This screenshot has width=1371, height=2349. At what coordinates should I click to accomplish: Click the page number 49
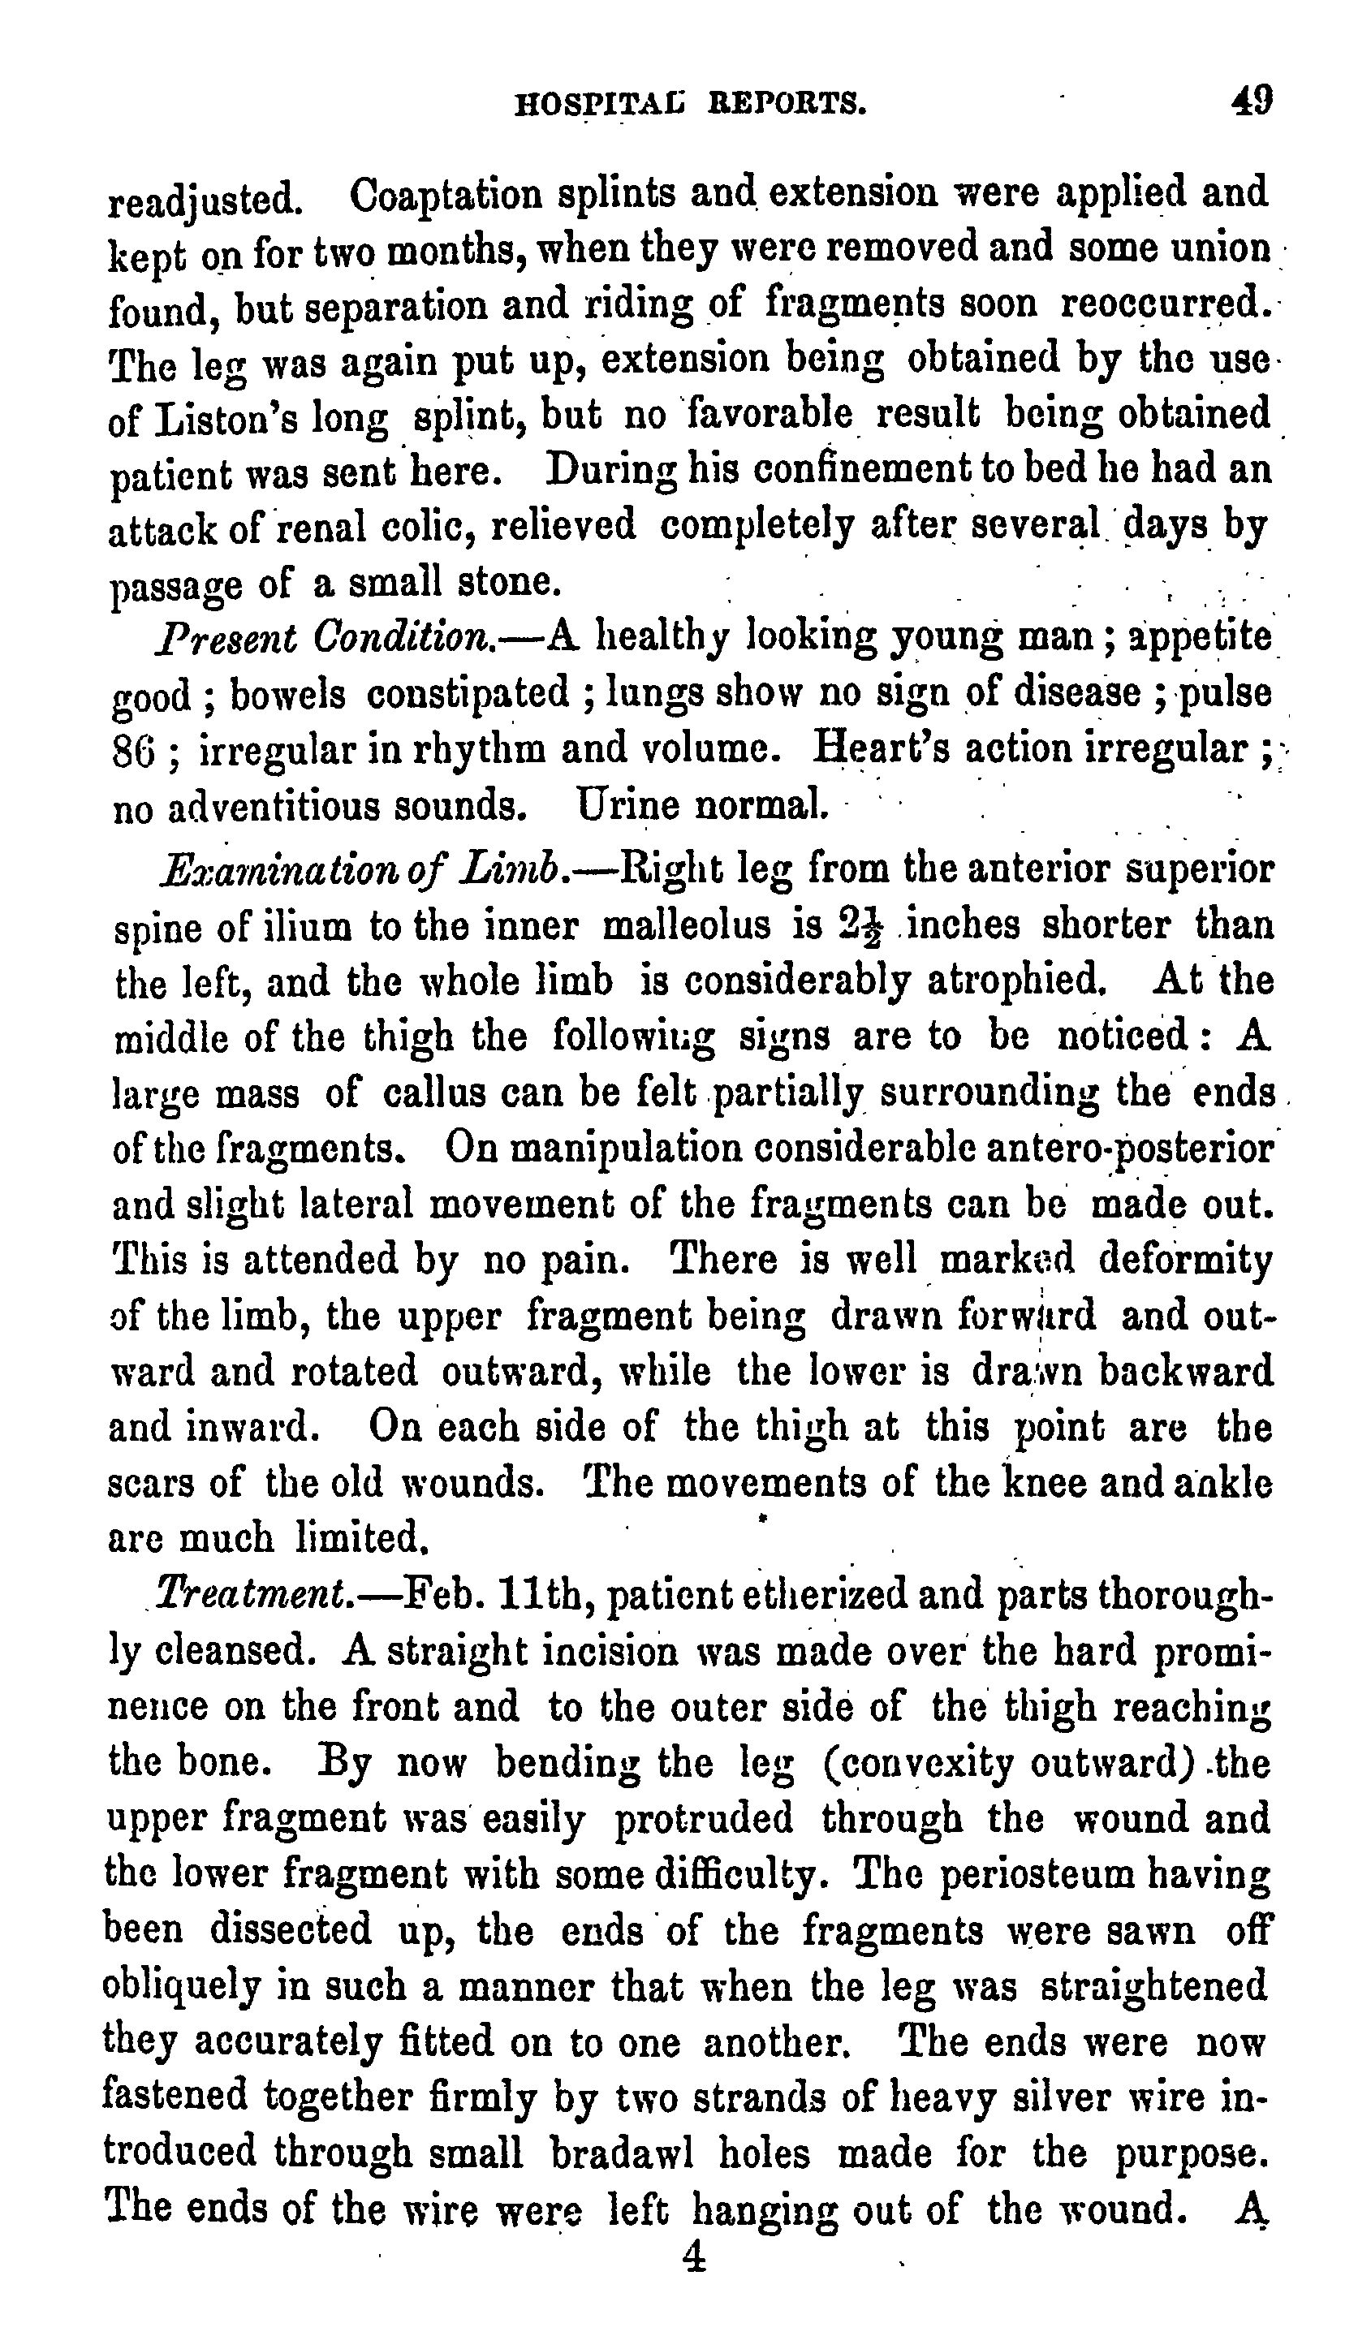pos(1251,99)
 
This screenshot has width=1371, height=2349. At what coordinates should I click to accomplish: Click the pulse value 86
pos(133,749)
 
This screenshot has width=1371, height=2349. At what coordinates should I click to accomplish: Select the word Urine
pos(627,803)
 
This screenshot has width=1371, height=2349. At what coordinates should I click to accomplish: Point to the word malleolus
pos(687,925)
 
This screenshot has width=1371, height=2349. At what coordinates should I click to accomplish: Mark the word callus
pos(440,1092)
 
